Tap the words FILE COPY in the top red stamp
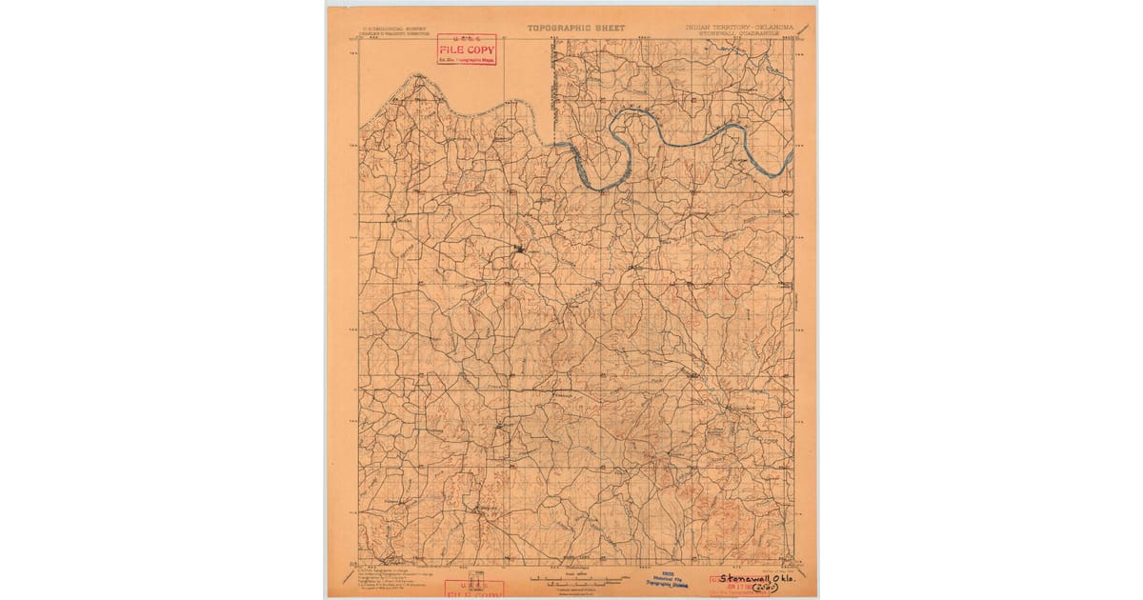click(x=467, y=50)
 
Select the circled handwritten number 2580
click(x=763, y=590)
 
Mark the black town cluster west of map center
click(x=519, y=250)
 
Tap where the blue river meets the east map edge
click(x=792, y=162)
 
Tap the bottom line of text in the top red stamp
click(x=467, y=60)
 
